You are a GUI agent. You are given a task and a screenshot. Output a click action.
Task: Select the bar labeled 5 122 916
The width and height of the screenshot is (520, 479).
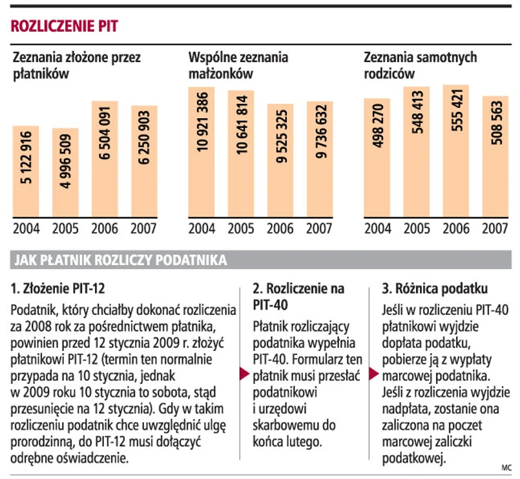pos(26,171)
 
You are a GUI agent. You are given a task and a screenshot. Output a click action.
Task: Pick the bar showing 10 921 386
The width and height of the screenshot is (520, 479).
pos(202,152)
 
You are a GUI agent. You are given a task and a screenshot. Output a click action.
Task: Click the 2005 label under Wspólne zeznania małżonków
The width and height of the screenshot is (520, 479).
pos(241,229)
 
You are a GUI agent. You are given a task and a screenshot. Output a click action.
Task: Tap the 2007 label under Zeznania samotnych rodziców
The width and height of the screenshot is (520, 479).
pos(495,229)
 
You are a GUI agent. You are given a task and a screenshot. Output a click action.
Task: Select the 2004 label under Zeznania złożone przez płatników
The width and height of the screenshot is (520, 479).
pos(26,229)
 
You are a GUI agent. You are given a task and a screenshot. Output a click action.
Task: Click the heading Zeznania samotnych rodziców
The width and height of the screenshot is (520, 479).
pos(420,65)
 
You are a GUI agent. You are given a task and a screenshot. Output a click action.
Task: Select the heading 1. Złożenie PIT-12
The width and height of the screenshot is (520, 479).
pos(58,288)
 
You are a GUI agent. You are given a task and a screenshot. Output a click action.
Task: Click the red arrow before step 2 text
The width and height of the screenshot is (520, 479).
pos(244,374)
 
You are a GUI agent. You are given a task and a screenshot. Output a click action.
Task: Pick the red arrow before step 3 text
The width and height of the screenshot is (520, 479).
pos(373,374)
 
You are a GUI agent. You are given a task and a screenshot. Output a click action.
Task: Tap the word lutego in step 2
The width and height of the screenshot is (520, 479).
pos(304,442)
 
